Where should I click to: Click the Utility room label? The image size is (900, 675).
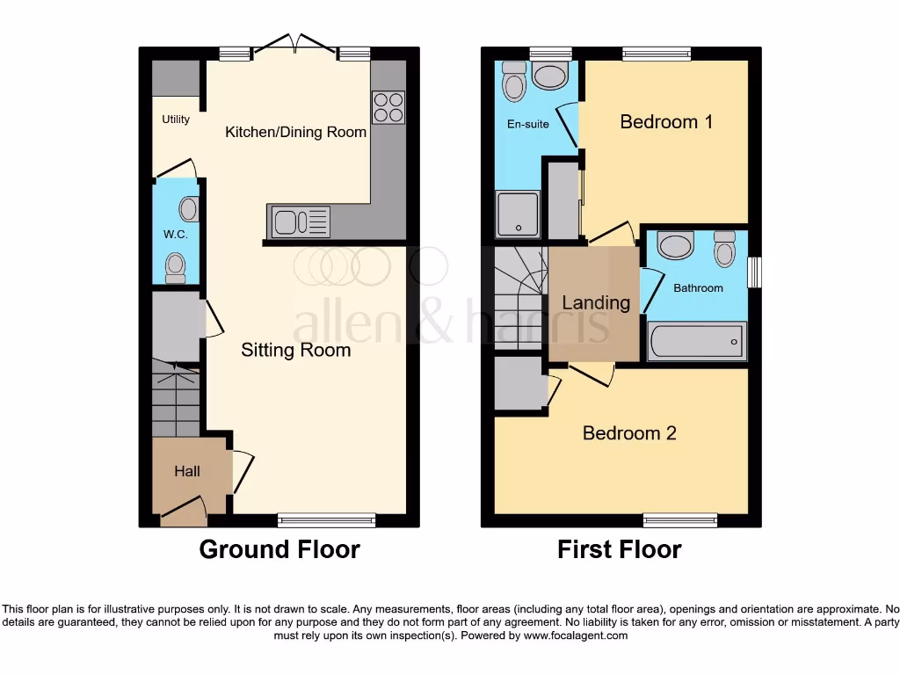pos(176,119)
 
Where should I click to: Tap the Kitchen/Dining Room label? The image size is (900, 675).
pos(295,132)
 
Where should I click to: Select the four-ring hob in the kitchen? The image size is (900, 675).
pos(388,106)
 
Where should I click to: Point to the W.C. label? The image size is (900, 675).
pos(175,235)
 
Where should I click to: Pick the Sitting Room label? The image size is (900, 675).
pos(295,350)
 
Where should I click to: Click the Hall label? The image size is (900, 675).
pos(186,471)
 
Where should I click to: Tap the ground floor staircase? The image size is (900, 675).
pos(176,400)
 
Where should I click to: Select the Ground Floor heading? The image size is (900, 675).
pos(279,549)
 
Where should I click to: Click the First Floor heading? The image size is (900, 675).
pos(619,549)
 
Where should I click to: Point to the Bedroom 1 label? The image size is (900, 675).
pos(666,121)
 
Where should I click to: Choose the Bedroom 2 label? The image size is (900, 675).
pos(629,432)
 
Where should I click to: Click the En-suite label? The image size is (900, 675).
pos(528,124)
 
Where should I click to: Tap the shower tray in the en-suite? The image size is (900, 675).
pos(519,214)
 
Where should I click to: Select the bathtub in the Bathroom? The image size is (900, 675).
pos(697,341)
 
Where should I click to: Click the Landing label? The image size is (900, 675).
pos(596,302)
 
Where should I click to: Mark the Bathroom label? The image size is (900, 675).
pos(698,287)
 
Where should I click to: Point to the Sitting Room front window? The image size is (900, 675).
pos(326,520)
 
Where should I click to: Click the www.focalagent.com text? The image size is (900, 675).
pos(577,635)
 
